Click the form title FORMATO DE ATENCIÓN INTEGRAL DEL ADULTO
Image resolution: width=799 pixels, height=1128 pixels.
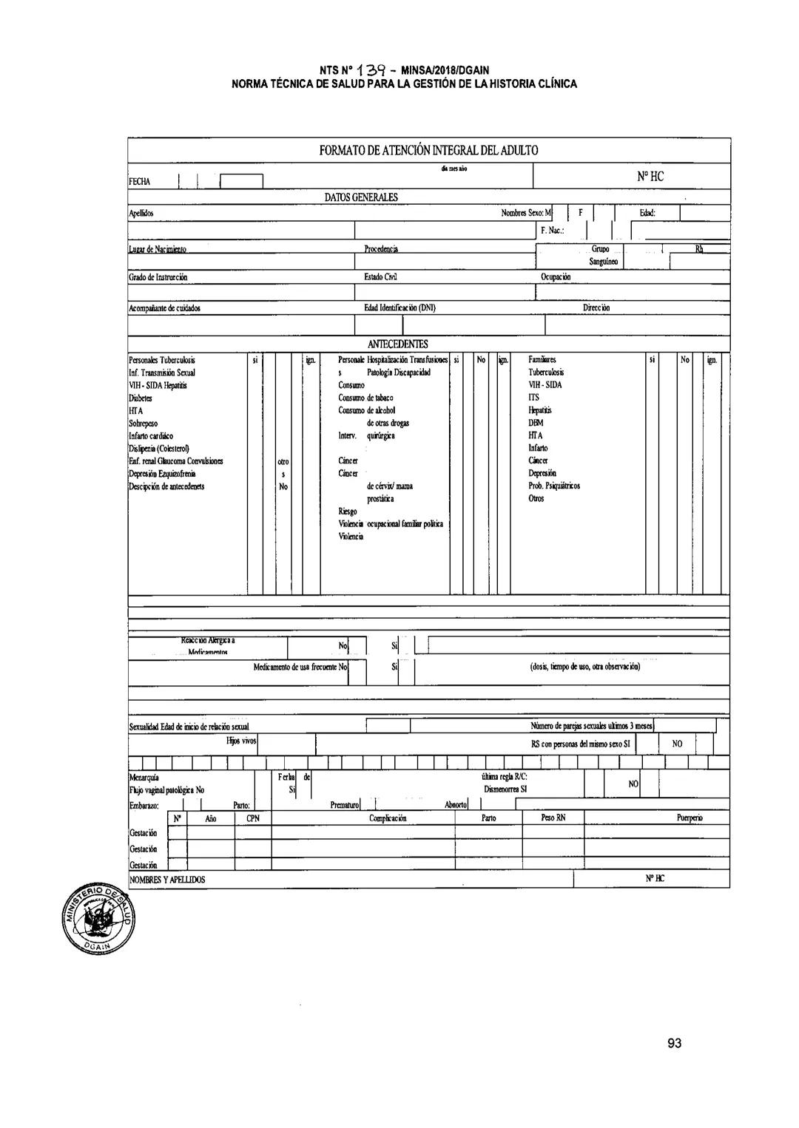(x=428, y=151)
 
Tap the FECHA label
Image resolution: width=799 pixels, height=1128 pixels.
(x=139, y=181)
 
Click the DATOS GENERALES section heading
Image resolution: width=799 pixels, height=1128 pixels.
(x=361, y=197)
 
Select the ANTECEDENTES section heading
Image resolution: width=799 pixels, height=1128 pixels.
(x=397, y=344)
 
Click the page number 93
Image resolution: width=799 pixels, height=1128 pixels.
(x=673, y=1043)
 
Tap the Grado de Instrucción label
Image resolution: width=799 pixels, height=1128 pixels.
(x=158, y=277)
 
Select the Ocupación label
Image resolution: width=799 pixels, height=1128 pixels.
(x=556, y=277)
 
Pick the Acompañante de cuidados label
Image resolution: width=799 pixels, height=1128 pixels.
(x=164, y=308)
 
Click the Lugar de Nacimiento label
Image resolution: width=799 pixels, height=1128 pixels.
(x=158, y=250)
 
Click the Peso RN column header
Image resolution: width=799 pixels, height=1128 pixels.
(x=553, y=818)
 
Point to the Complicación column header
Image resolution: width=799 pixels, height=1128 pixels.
(x=388, y=818)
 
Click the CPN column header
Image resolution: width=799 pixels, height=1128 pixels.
(x=253, y=818)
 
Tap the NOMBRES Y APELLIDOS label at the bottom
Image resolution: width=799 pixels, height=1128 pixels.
(x=167, y=880)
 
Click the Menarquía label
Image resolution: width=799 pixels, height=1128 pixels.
(x=144, y=777)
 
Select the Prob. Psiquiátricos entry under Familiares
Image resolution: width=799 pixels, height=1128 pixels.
(x=554, y=486)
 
